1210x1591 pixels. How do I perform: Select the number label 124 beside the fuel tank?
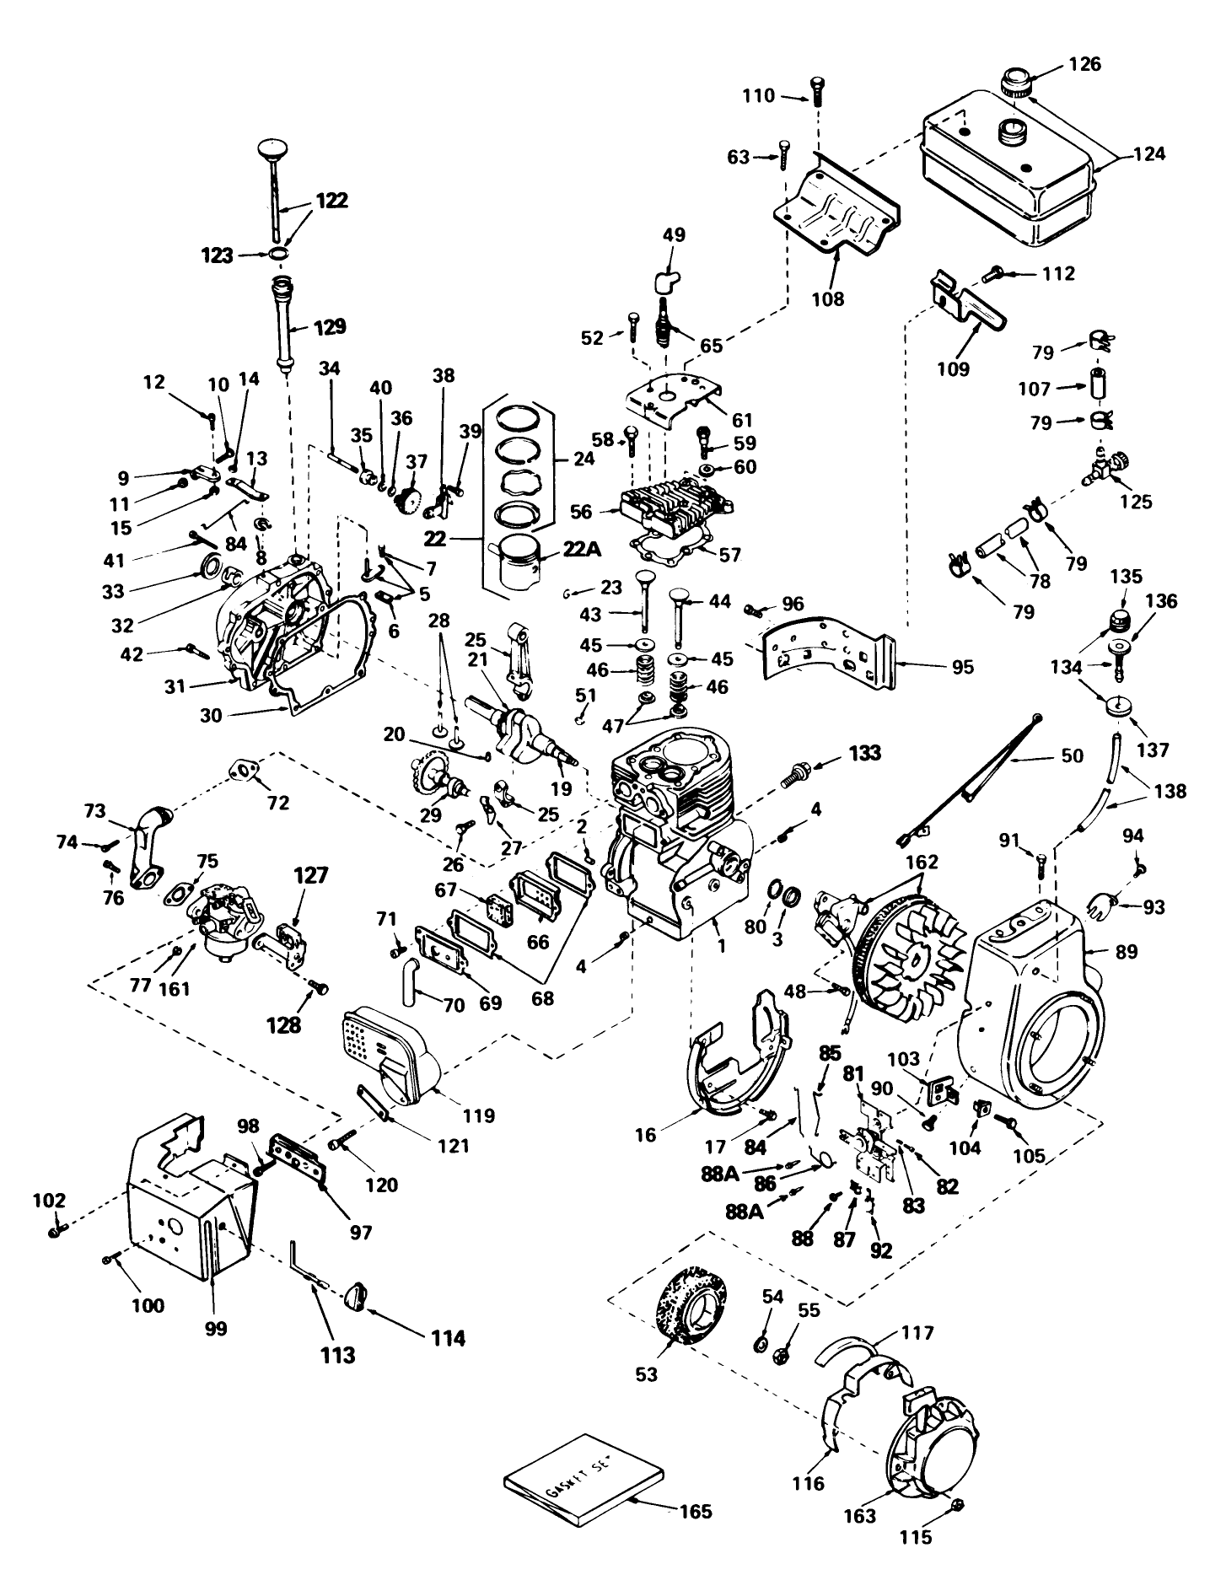(1148, 154)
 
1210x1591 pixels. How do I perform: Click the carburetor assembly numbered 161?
(223, 924)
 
